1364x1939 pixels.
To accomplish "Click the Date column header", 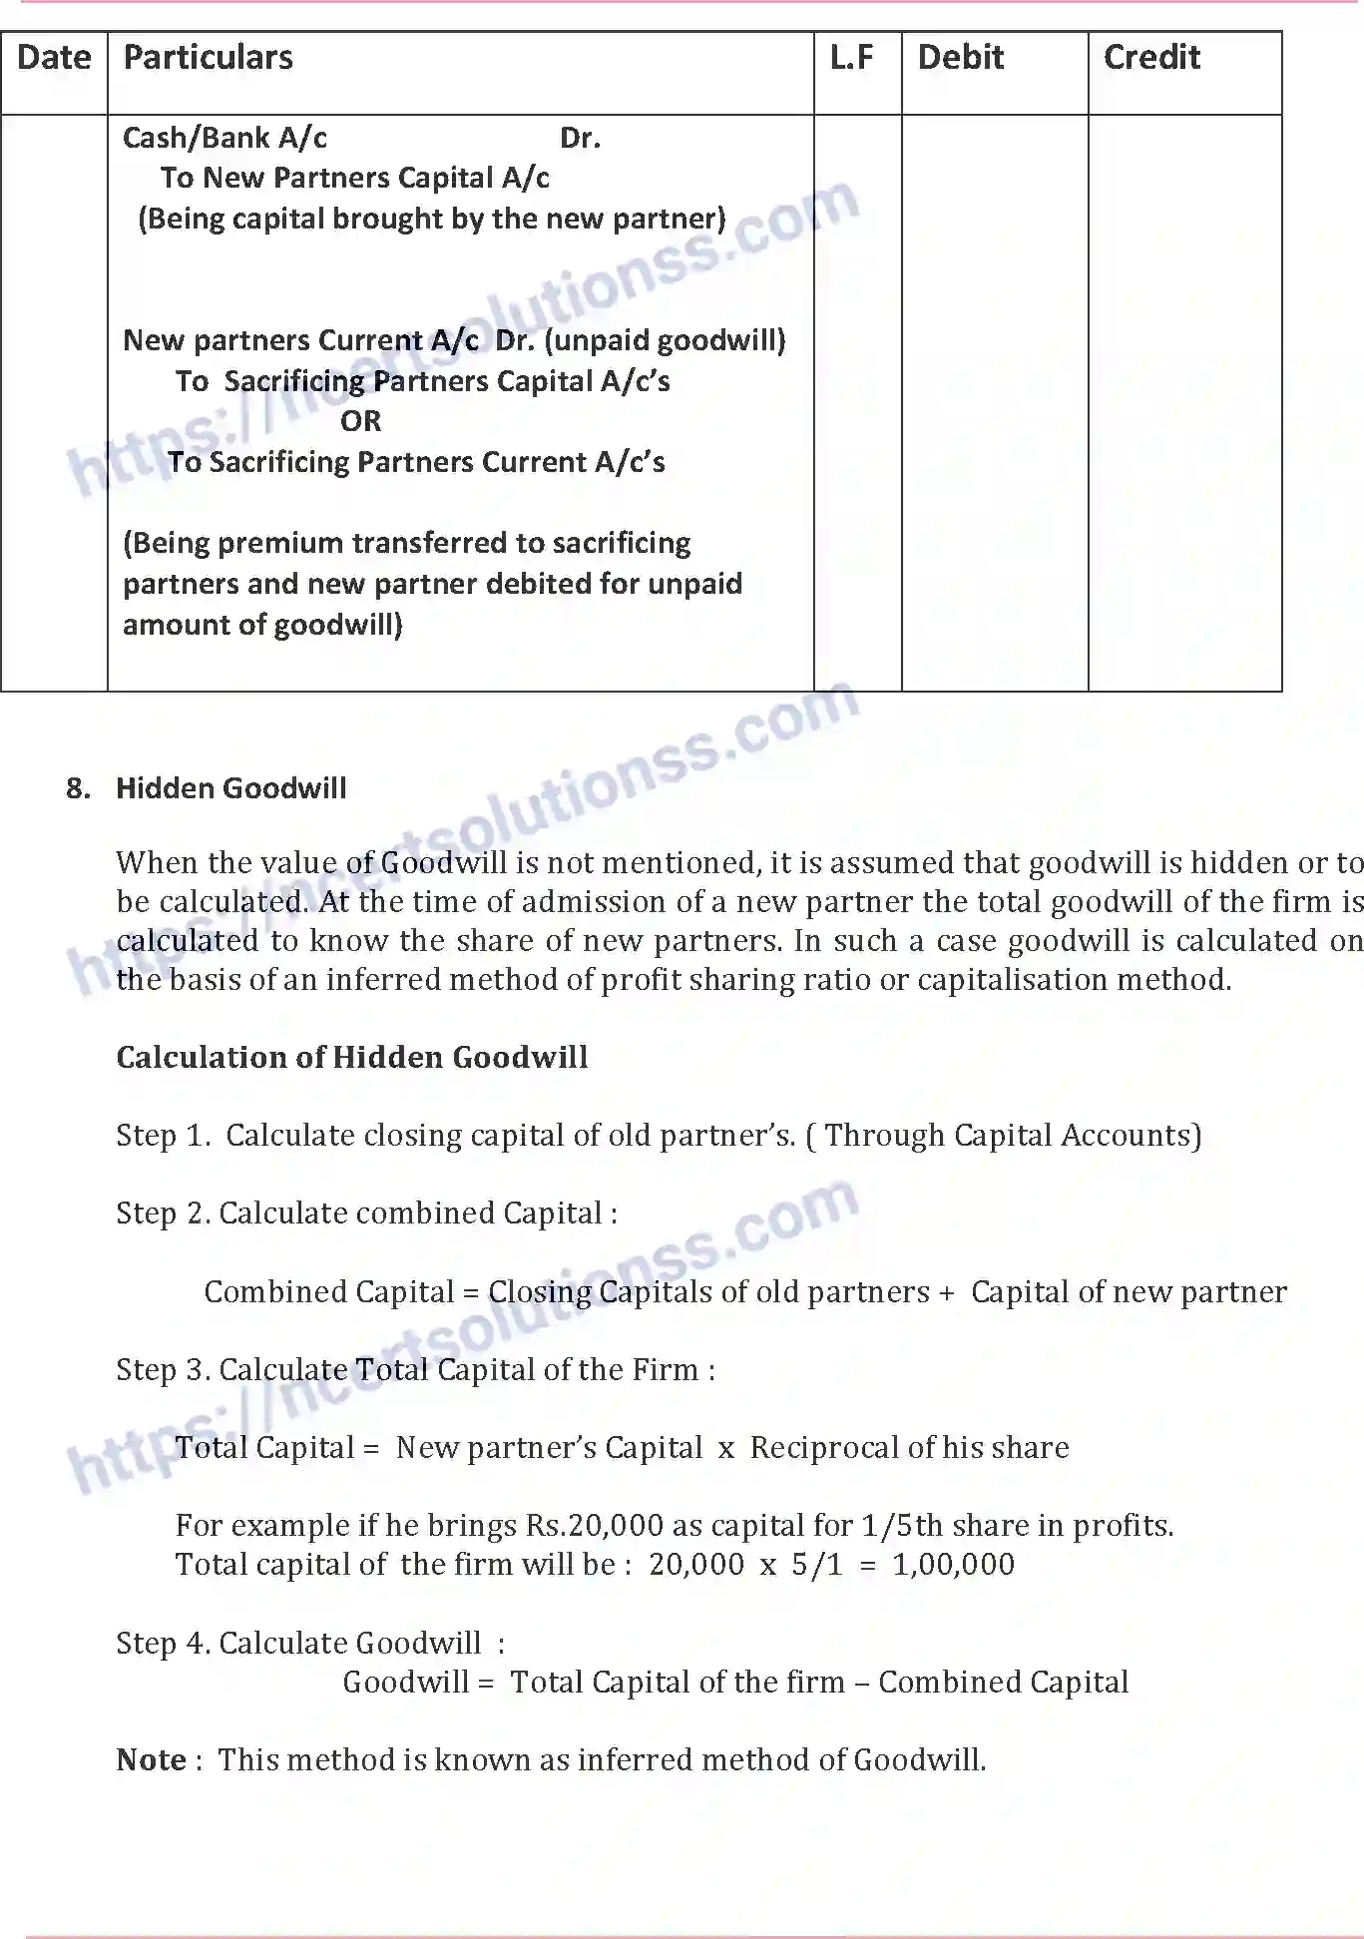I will (54, 58).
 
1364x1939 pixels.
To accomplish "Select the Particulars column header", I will (208, 58).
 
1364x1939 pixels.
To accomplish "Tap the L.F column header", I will (851, 58).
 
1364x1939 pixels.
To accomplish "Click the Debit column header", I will (960, 58).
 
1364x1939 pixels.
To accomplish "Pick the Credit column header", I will (1151, 58).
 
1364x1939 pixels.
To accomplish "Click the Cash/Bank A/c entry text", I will (225, 138).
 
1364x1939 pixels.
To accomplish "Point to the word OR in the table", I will (360, 421).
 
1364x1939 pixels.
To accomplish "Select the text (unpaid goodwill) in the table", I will (666, 340).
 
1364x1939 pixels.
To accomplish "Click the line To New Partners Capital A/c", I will (354, 178).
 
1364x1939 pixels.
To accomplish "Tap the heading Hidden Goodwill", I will (231, 788).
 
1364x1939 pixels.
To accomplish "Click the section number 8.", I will (78, 788).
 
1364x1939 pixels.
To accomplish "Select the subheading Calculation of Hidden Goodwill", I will (351, 1057).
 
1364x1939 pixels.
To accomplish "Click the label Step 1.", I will (163, 1135).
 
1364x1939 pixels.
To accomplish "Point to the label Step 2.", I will (163, 1212).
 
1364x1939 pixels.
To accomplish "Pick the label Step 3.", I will (163, 1369).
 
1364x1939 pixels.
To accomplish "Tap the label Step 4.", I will (163, 1643).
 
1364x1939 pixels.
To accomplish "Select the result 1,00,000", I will (953, 1564).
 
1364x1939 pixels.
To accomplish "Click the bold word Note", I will (151, 1759).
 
